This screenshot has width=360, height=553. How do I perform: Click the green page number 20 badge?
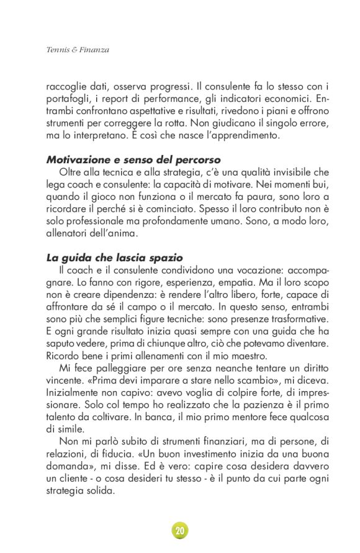click(180, 531)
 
